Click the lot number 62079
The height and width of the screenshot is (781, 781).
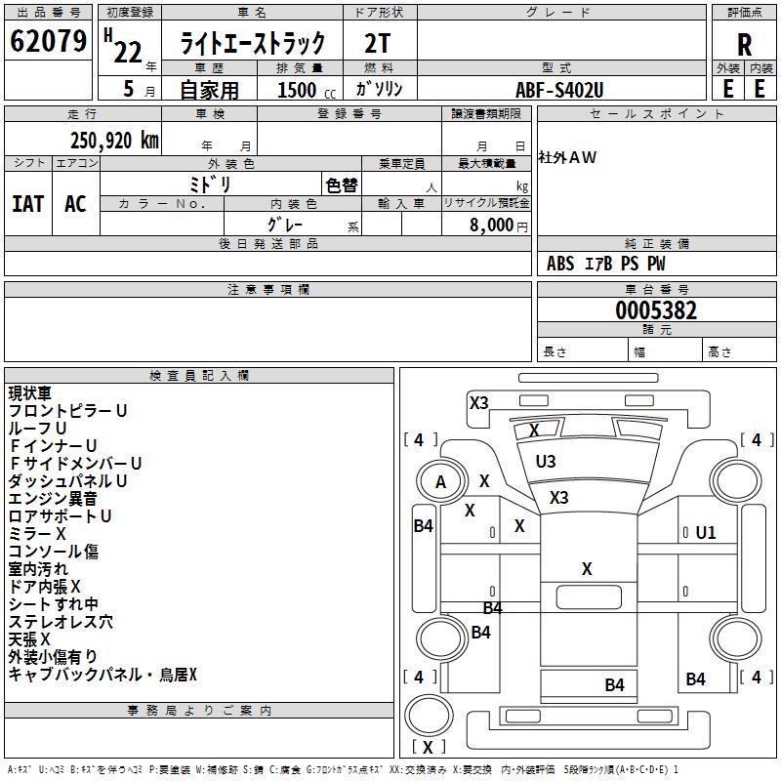(48, 42)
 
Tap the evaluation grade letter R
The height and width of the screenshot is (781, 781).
(744, 45)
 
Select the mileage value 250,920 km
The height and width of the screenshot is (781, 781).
(115, 140)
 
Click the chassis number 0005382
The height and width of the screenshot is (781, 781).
(655, 310)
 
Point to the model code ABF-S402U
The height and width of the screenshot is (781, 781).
(559, 89)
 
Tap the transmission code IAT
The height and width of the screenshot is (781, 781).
(27, 203)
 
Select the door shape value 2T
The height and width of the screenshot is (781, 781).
(378, 44)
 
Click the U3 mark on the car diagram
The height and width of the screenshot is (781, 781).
(546, 462)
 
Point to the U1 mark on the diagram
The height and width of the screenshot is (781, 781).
(706, 532)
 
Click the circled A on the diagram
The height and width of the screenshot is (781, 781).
(440, 481)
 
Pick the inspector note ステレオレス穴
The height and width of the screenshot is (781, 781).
(61, 621)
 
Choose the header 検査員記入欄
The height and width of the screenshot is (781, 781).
(199, 376)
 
